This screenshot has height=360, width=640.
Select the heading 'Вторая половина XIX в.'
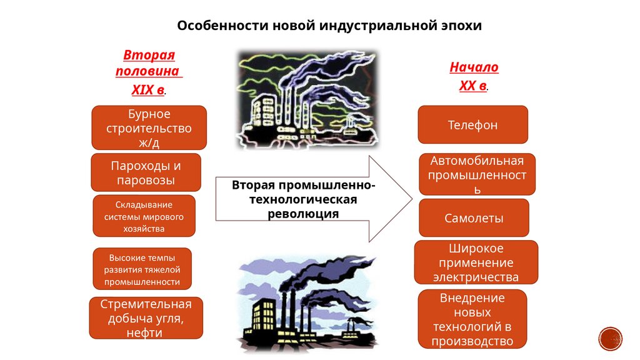click(149, 72)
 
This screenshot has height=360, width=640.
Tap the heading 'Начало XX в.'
click(474, 76)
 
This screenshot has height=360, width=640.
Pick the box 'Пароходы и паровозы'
click(146, 173)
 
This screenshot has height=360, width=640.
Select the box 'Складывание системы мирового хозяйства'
click(144, 216)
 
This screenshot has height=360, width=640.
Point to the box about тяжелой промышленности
click(142, 269)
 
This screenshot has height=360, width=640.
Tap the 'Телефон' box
click(472, 125)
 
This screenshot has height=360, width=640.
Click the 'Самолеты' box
click(474, 218)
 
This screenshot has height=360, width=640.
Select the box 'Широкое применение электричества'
click(476, 262)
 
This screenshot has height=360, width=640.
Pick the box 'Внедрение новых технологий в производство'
click(472, 319)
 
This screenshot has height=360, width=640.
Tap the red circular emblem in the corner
click(611, 338)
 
